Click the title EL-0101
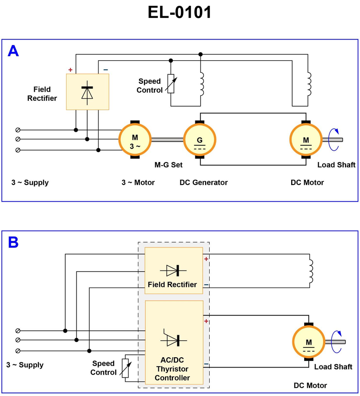[x=180, y=13]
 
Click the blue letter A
[x=13, y=51]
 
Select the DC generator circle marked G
[x=200, y=139]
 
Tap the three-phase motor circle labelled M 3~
[x=135, y=139]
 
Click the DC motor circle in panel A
[x=306, y=139]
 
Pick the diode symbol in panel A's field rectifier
[x=87, y=91]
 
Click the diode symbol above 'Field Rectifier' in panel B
[x=173, y=270]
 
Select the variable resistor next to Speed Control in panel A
[x=171, y=84]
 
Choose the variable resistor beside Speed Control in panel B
[x=126, y=368]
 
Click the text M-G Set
[x=168, y=165]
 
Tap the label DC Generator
[x=203, y=182]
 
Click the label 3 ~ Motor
[x=138, y=182]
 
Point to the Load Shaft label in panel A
[x=336, y=165]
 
